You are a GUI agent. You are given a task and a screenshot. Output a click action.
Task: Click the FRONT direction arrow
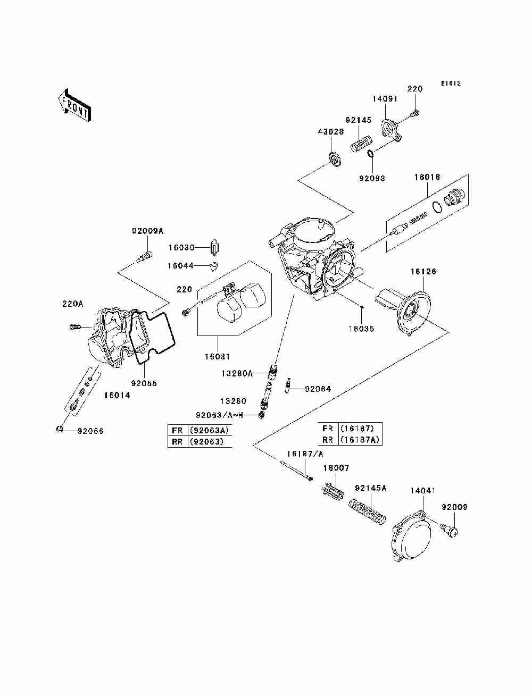[x=74, y=105]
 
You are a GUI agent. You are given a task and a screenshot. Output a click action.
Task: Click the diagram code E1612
[x=450, y=83]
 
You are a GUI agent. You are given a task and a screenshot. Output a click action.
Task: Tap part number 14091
[x=385, y=98]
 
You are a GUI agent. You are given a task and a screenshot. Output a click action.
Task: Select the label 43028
[x=331, y=131]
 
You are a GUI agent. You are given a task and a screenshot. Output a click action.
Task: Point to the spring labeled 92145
[x=362, y=144]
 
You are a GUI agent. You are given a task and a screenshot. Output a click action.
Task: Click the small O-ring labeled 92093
[x=370, y=154]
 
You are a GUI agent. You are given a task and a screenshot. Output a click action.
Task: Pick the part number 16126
[x=423, y=271]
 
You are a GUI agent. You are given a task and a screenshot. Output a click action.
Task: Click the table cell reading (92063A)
[x=209, y=430]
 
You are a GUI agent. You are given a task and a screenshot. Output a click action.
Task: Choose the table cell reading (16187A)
[x=360, y=440]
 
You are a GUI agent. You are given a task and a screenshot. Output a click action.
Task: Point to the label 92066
[x=90, y=431]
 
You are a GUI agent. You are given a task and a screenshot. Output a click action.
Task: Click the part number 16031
[x=217, y=356]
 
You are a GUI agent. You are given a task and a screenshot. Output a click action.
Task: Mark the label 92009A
[x=147, y=231]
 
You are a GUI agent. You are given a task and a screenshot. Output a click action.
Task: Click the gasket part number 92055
[x=144, y=383]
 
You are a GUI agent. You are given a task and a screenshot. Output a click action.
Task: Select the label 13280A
[x=237, y=374]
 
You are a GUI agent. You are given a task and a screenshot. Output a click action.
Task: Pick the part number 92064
[x=318, y=389]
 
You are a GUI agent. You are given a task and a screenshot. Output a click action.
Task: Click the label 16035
[x=361, y=329]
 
